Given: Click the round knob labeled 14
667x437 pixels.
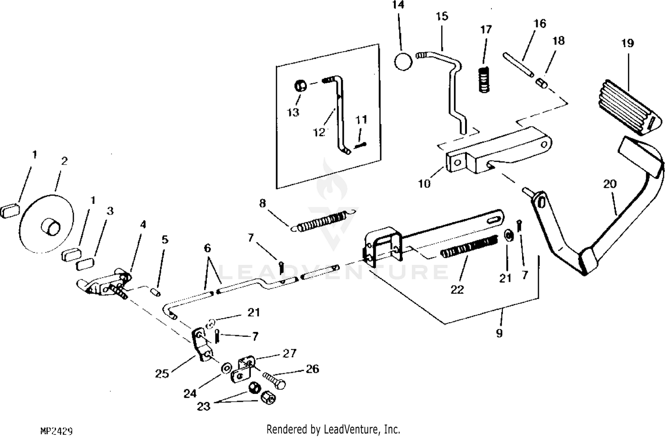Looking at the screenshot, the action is pos(403,62).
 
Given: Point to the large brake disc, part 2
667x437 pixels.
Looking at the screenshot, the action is pos(46,224).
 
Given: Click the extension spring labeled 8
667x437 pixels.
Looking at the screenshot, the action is pos(323,221).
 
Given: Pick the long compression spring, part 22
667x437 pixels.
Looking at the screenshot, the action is pos(469,246).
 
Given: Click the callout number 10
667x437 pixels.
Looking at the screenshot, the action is pos(424,184).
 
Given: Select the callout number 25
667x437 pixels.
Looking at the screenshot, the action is pos(162,373).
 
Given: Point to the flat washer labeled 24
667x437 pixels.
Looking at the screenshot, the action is pos(226,368).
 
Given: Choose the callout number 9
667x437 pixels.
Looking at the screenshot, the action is pos(499,333).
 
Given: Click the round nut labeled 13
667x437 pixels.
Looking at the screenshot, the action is pos(301,86).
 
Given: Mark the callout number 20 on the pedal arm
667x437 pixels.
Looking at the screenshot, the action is pos(610,184).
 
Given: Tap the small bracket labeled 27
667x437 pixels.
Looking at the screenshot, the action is pos(242,369).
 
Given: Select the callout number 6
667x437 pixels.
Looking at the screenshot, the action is pos(207,248).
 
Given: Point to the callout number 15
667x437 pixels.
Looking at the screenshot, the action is pos(442,16).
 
